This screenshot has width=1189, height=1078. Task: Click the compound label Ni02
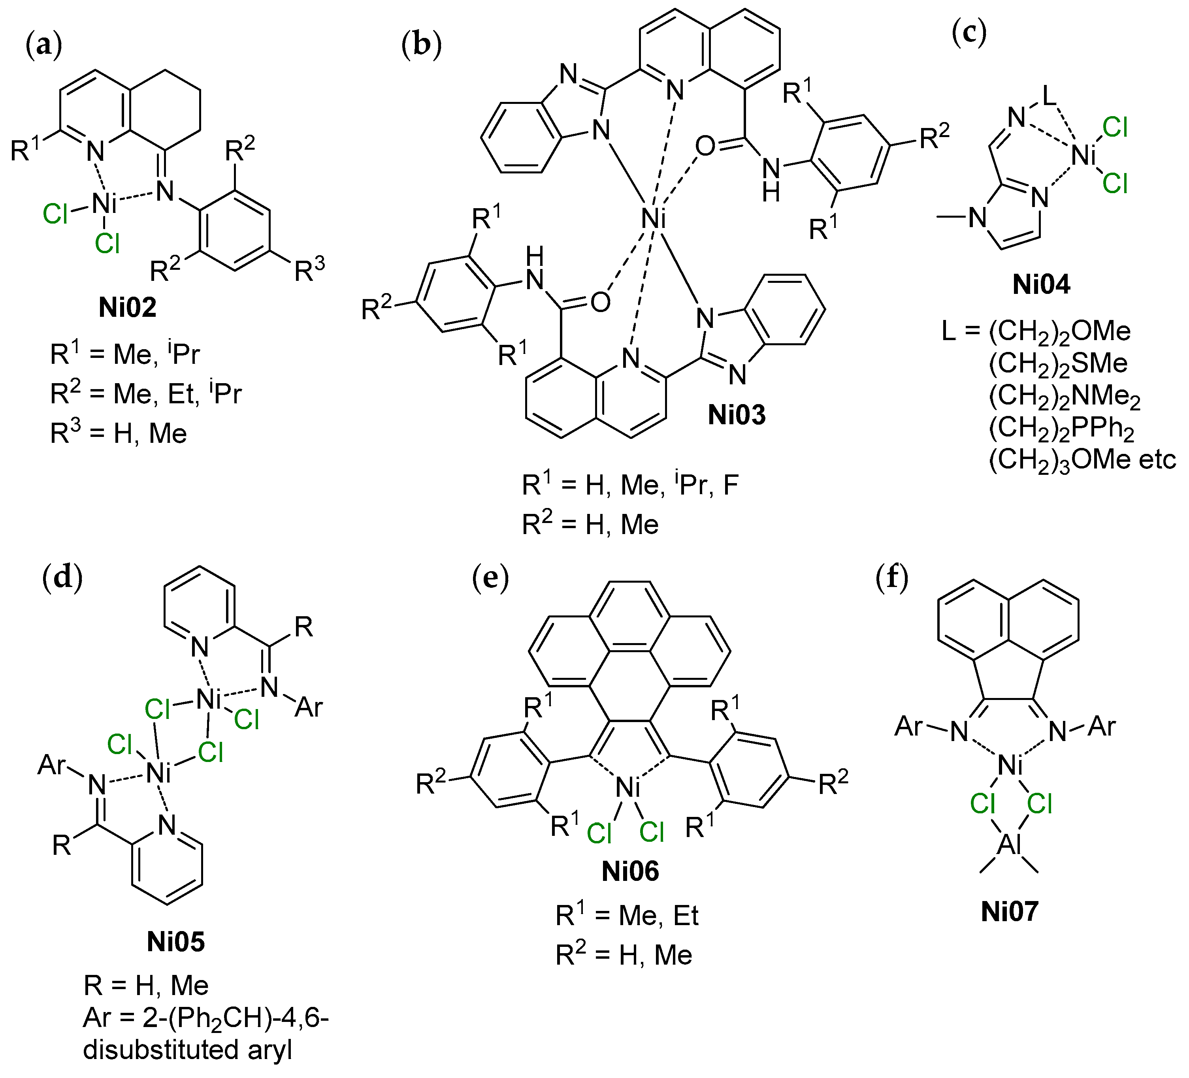[x=127, y=307]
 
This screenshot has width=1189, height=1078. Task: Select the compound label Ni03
[x=737, y=415]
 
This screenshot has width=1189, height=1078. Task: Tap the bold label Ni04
[x=1041, y=284]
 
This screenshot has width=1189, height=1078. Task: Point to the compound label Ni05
[x=176, y=941]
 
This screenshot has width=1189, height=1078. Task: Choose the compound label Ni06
[x=630, y=871]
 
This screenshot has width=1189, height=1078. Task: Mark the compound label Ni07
[x=1009, y=911]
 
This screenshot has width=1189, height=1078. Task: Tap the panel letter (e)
[x=490, y=579]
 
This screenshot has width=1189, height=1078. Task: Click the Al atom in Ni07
[x=1009, y=845]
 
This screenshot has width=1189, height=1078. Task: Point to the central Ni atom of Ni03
[x=654, y=219]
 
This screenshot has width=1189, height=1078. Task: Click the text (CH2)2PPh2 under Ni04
[x=1061, y=428]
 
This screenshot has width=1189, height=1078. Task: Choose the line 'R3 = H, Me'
[x=119, y=433]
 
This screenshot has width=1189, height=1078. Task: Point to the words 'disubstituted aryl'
[x=188, y=1050]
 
